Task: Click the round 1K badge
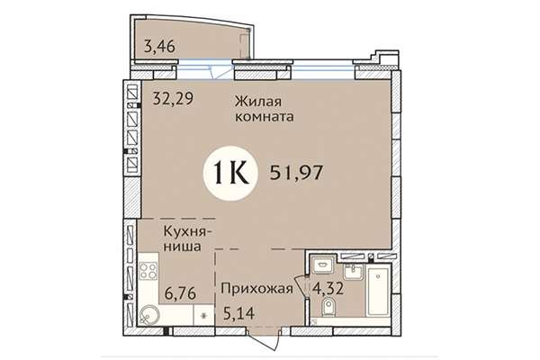pos(232,169)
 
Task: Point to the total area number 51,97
pos(296,170)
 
